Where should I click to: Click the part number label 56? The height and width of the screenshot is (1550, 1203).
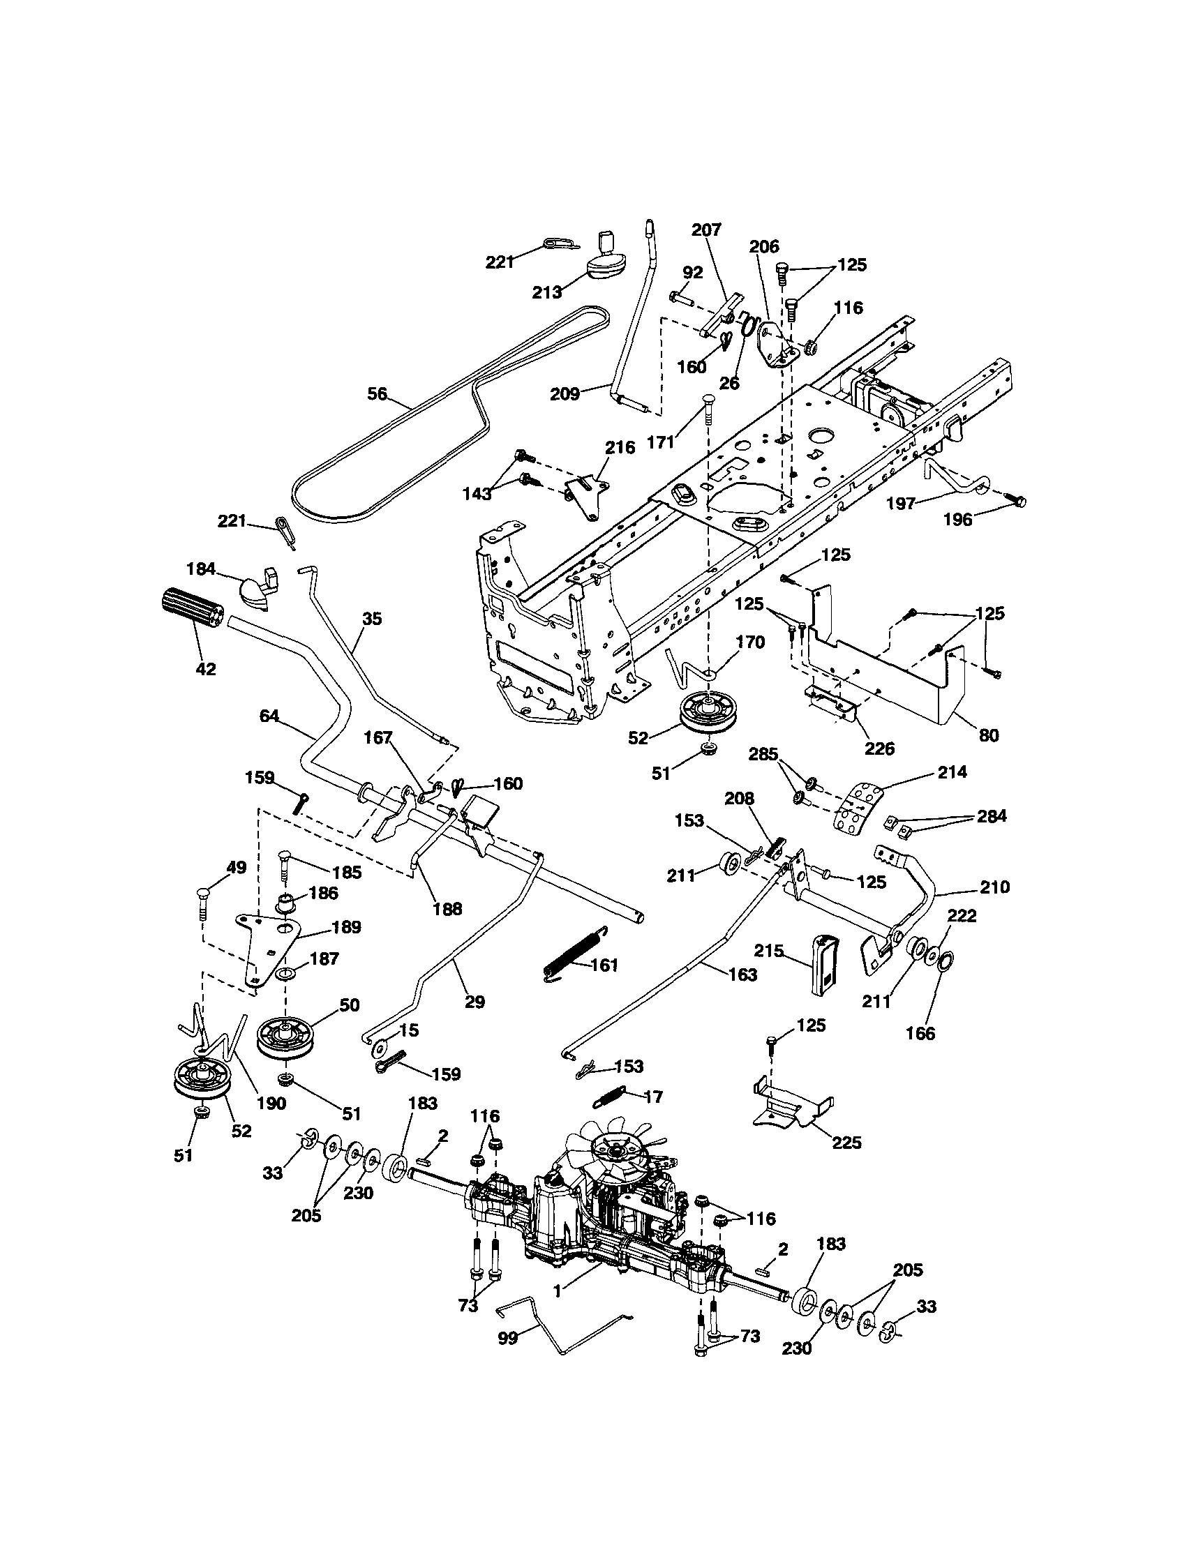point(377,393)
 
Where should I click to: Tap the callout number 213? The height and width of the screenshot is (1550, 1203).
point(546,292)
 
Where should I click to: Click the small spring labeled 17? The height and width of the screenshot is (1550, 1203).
point(615,1097)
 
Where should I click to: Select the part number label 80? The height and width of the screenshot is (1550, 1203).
point(988,735)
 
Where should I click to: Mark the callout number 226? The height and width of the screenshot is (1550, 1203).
point(879,748)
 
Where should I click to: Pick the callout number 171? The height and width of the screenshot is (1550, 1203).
point(661,442)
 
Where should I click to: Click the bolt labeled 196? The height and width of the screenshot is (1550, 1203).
point(1019,502)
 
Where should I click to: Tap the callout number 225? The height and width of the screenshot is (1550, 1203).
point(846,1143)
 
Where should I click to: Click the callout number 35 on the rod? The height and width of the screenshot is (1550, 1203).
point(371,619)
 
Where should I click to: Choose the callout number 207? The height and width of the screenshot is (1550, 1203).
point(705,230)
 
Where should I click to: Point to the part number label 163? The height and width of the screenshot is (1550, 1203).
point(742,975)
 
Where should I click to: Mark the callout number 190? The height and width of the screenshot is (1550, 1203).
point(271,1103)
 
